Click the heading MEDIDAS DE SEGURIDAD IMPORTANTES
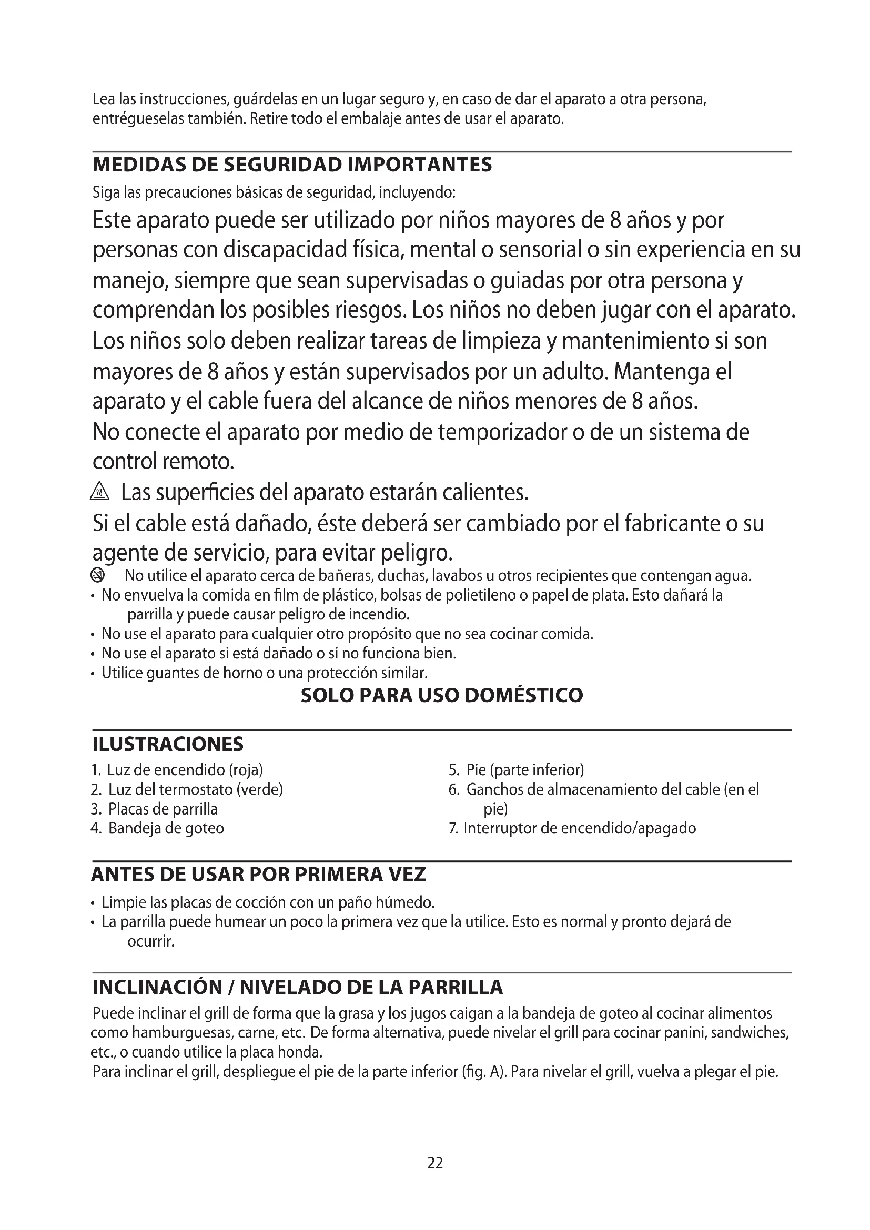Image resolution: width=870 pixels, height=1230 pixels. (292, 165)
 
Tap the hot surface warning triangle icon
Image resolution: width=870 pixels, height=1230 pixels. (99, 491)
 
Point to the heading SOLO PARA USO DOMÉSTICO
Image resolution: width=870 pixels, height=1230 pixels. (441, 695)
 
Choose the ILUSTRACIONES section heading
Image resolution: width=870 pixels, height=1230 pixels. (168, 744)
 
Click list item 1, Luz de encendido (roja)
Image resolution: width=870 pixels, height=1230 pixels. (177, 770)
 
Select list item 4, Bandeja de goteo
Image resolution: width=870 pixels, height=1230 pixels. (157, 828)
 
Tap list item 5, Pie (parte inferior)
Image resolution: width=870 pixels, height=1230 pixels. (517, 770)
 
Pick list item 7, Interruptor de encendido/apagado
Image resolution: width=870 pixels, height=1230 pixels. (572, 828)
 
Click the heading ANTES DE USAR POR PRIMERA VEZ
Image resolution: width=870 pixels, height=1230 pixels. (258, 875)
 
